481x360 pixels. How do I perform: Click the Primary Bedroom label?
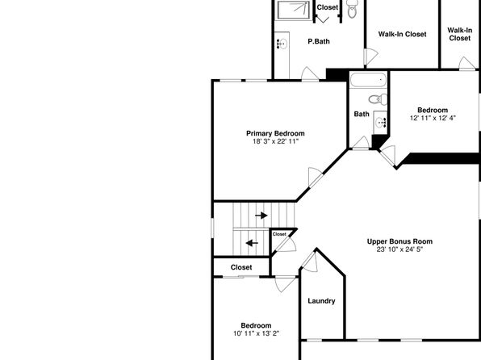tap(275, 133)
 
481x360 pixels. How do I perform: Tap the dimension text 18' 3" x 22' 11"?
tap(275, 141)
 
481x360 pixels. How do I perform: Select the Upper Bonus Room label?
tap(399, 241)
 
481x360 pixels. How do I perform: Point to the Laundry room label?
tap(321, 301)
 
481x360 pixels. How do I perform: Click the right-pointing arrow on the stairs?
tap(261, 216)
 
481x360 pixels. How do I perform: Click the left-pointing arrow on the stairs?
tap(252, 244)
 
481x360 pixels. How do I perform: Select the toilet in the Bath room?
tap(378, 99)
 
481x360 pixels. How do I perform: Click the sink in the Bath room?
tap(380, 123)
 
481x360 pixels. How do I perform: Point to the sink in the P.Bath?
tap(282, 44)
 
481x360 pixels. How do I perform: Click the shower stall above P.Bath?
tap(293, 10)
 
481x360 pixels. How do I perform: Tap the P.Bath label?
tap(319, 41)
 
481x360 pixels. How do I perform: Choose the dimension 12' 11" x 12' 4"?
tap(433, 118)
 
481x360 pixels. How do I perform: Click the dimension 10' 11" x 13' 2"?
tap(256, 333)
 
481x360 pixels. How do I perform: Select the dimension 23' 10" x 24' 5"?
tap(399, 249)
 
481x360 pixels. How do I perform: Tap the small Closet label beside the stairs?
tap(279, 234)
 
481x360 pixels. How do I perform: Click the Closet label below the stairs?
tap(241, 267)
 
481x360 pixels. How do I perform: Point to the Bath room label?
tap(362, 114)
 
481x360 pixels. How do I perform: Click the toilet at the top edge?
tap(352, 9)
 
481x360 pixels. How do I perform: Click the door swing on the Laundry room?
tap(310, 262)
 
